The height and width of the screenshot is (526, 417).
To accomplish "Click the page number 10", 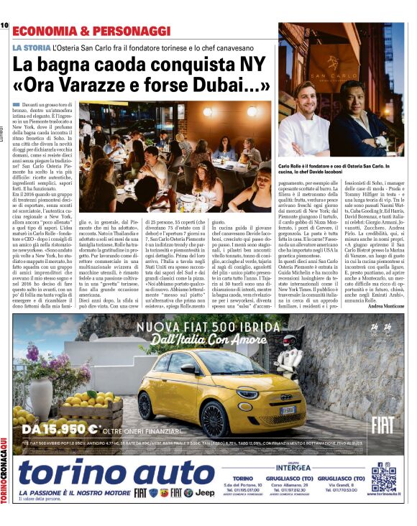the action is pos(4,25).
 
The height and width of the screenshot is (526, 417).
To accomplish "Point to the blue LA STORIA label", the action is pos(32,47).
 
